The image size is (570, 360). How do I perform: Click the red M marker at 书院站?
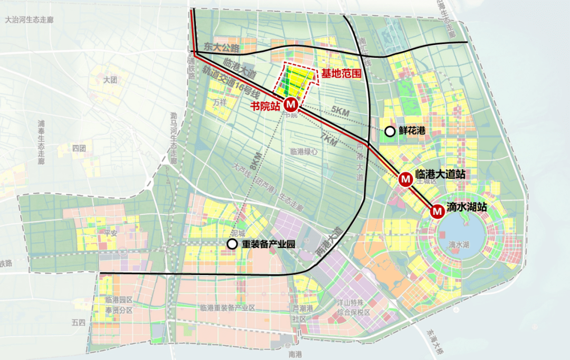click(x=291, y=105)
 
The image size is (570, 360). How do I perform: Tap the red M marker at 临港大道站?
click(x=405, y=179)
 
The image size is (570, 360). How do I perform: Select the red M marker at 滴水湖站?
click(x=437, y=212)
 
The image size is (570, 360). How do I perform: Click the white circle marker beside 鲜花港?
click(x=389, y=132)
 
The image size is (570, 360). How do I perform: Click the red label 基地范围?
click(x=341, y=75)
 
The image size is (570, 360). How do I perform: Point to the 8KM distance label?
click(x=257, y=158)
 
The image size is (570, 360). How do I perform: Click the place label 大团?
click(x=110, y=80)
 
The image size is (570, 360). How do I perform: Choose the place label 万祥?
click(x=220, y=102)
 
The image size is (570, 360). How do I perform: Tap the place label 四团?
click(x=79, y=149)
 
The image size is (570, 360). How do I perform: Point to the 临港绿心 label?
click(x=304, y=151)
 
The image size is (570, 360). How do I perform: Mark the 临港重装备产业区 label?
click(x=227, y=308)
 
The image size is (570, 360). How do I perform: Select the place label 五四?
click(x=79, y=322)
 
